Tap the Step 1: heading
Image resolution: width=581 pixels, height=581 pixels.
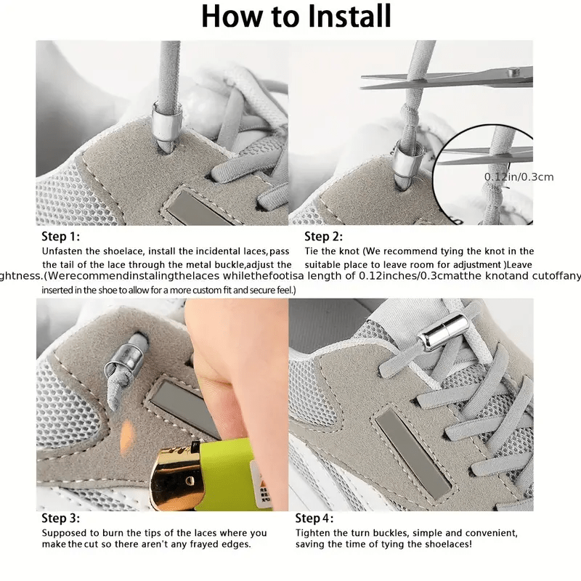point(61,237)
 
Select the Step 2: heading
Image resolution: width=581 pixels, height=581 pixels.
point(323,236)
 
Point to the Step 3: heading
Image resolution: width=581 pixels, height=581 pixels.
point(61,519)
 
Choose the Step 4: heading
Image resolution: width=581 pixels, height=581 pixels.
point(314,519)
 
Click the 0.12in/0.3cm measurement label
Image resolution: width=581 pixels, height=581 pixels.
point(519,176)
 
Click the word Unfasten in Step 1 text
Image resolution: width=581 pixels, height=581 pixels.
point(62,251)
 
